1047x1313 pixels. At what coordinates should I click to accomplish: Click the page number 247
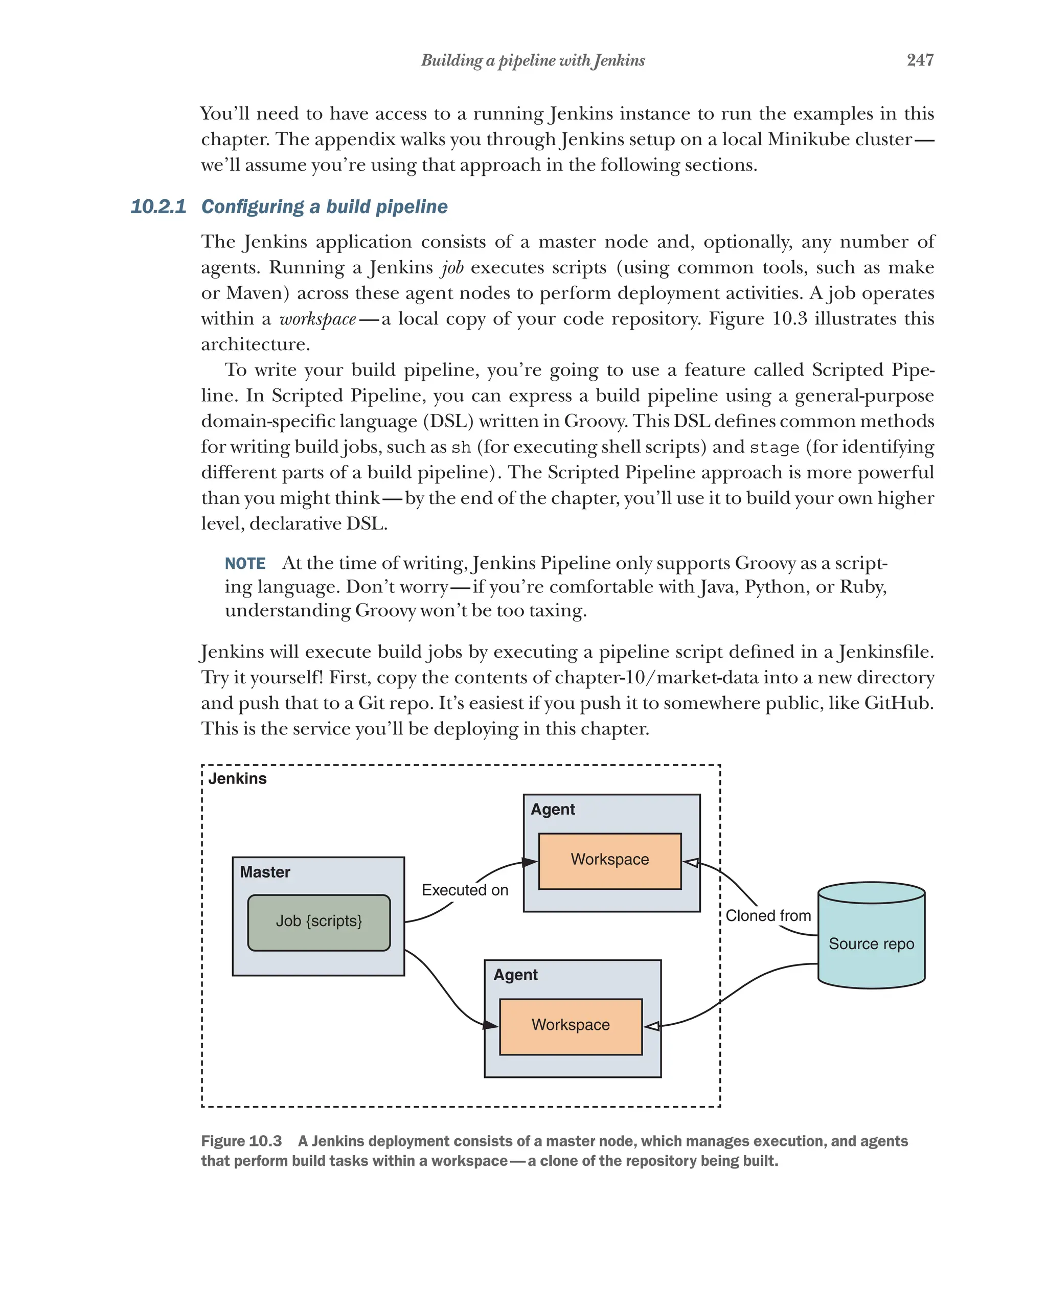919,60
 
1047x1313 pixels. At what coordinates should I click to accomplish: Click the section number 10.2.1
158,206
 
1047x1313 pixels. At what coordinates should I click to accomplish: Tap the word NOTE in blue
245,563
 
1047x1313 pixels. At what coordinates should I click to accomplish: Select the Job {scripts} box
318,922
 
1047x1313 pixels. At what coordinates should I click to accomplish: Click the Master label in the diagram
264,872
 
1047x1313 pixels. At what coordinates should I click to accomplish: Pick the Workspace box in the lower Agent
570,1026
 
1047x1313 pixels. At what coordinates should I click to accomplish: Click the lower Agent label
515,975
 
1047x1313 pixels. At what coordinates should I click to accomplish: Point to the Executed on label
465,890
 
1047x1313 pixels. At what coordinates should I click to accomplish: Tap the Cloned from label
767,916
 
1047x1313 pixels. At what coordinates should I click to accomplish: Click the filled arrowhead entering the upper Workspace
530,862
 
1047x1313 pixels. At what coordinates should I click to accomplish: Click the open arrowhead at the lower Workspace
651,1026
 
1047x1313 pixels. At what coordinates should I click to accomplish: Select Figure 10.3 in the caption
241,1141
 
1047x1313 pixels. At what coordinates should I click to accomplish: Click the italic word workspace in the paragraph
317,319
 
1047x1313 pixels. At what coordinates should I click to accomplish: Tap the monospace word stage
773,448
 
